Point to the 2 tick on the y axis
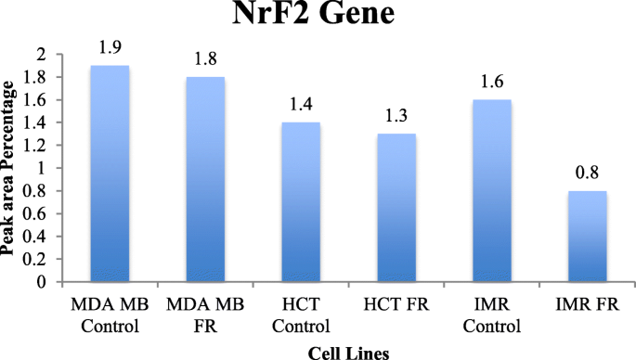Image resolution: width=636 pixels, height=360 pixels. (x=40, y=55)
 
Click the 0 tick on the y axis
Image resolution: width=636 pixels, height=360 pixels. (x=40, y=282)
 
